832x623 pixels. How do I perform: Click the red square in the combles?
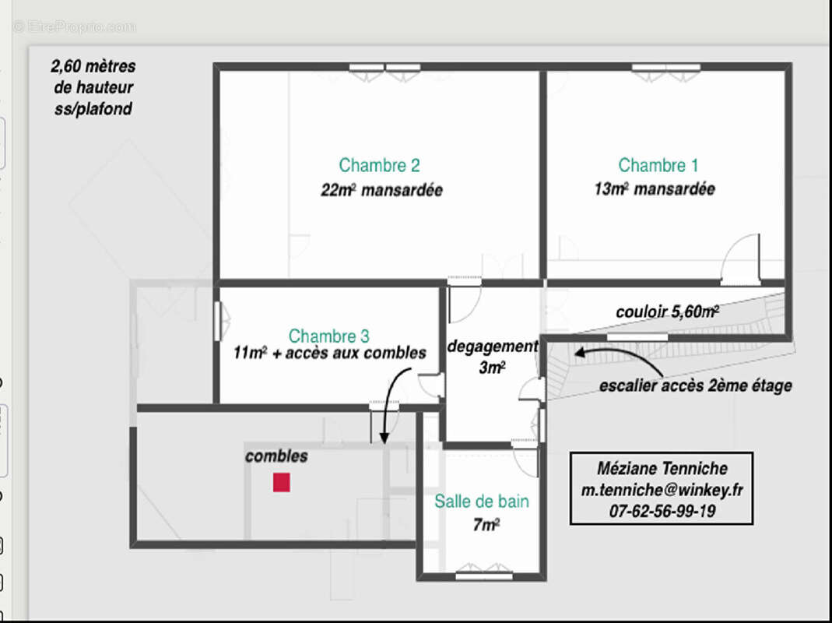coord(281,482)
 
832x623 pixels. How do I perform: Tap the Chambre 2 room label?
coord(379,165)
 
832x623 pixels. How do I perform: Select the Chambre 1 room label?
coord(658,165)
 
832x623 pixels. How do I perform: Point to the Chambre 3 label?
coord(329,336)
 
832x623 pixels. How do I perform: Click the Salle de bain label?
coord(482,501)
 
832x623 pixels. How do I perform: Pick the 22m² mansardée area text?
coord(381,189)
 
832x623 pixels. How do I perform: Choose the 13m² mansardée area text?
coord(655,188)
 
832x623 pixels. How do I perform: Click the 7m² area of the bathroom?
coord(486,525)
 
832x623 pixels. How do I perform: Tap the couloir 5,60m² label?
coord(668,311)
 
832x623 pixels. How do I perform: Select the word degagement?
coord(493,347)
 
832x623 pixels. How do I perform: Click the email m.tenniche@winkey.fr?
coord(662,490)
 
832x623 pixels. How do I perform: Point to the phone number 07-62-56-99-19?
coord(662,511)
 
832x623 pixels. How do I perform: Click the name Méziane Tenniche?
coord(662,469)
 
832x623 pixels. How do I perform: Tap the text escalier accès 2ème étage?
coord(696,385)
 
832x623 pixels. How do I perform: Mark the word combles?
coord(276,456)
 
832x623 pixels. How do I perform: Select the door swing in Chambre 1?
coord(740,258)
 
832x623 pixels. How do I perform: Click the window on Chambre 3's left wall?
coord(218,321)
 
